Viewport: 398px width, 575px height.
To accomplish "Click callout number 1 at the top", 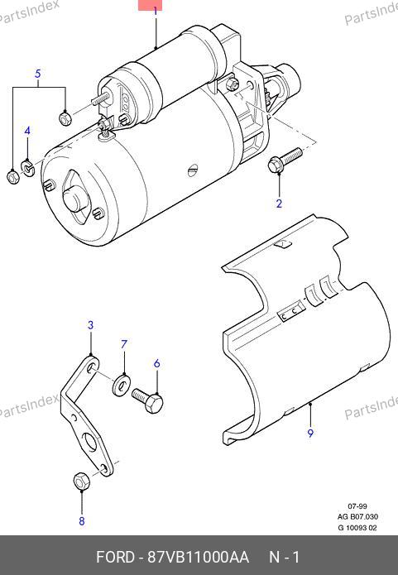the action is coord(156,11).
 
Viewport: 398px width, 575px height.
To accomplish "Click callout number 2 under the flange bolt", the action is coord(279,204).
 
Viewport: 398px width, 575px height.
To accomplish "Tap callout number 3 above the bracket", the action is coord(90,325).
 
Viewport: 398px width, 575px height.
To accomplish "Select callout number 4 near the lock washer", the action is coord(27,131).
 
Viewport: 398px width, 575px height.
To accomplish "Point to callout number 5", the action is coord(38,74).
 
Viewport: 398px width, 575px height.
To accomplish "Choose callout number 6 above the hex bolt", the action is coord(157,363).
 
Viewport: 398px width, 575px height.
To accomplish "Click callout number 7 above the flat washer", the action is coord(124,344).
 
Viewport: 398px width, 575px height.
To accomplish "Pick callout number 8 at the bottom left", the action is coord(81,521).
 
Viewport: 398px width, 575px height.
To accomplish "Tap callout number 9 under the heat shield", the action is coord(310,433).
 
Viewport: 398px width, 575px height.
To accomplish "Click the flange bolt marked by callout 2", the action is coord(285,160).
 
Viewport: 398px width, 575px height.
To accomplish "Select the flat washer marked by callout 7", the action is coord(120,384).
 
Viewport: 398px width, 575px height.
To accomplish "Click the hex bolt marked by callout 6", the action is coord(147,400).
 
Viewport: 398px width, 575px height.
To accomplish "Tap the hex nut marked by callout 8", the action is coord(81,482).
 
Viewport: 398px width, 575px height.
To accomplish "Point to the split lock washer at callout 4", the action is coord(27,166).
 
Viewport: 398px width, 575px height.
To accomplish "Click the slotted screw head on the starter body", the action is coord(193,170).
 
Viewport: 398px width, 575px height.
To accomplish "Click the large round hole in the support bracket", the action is coord(89,443).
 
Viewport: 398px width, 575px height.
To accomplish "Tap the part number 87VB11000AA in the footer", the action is coord(198,557).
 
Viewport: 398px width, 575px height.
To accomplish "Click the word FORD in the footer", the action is coord(115,557).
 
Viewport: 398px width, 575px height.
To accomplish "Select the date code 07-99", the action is coord(357,506).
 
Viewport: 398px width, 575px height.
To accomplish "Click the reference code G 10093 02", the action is coord(357,528).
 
